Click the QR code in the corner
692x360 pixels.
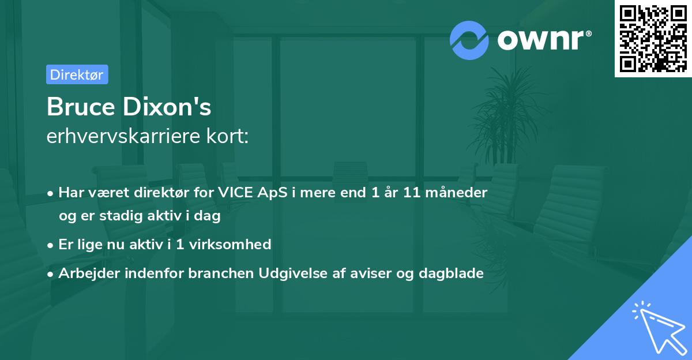(x=653, y=39)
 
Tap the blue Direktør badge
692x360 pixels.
(x=77, y=74)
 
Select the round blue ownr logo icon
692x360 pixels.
(x=469, y=40)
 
